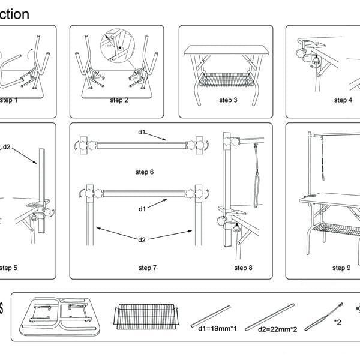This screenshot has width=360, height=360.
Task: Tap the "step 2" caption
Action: click(119, 100)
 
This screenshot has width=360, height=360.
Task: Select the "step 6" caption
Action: click(144, 172)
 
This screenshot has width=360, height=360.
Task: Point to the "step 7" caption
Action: click(147, 268)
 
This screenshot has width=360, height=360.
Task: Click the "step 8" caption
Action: click(243, 268)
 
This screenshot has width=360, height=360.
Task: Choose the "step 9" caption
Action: click(341, 268)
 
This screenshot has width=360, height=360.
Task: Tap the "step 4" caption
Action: click(343, 100)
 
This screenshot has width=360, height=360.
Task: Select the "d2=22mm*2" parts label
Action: click(278, 329)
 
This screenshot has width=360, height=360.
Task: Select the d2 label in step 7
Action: click(142, 240)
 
